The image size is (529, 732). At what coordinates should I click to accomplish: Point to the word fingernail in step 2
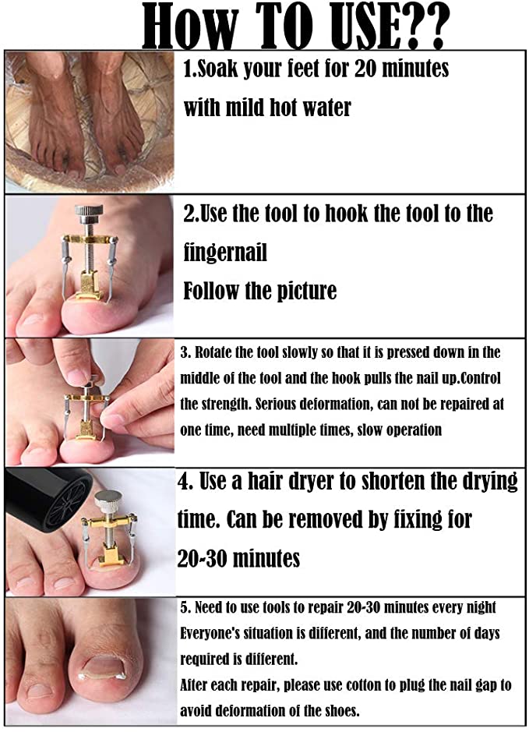click(225, 253)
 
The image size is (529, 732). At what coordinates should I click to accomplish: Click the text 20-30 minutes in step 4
click(238, 558)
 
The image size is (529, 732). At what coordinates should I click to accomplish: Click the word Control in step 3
click(480, 377)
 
